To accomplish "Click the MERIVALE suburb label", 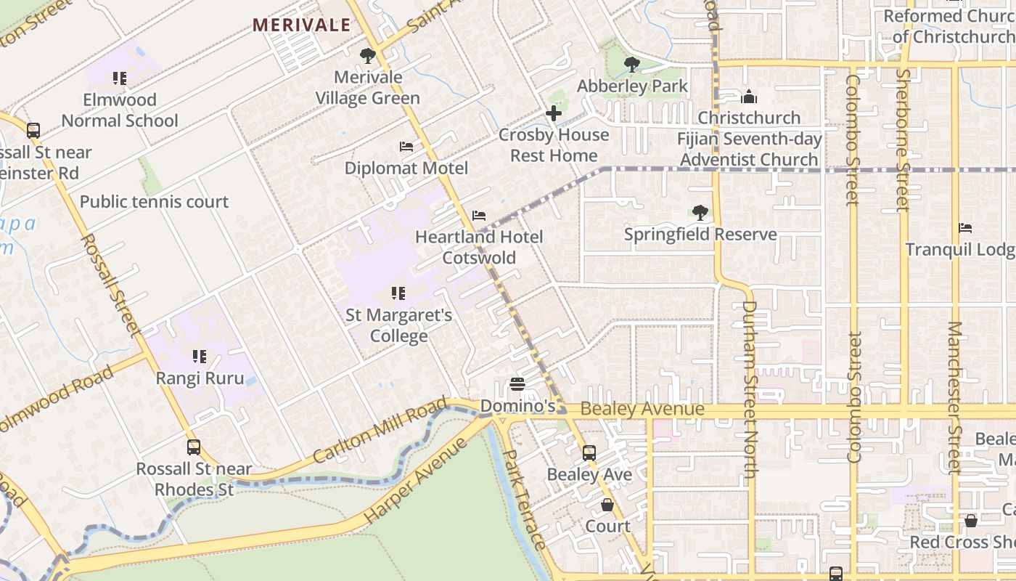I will pyautogui.click(x=301, y=25).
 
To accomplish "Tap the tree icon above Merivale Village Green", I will pyautogui.click(x=368, y=55).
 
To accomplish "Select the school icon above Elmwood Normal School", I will pyautogui.click(x=120, y=78).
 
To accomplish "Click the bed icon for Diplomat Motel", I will pyautogui.click(x=406, y=147).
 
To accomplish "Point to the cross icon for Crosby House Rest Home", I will pyautogui.click(x=554, y=113).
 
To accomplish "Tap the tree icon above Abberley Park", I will pyautogui.click(x=632, y=65).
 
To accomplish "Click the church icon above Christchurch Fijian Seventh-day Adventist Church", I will pyautogui.click(x=749, y=97).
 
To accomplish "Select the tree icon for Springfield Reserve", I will pyautogui.click(x=700, y=213).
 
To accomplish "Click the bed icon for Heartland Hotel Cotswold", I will pyautogui.click(x=479, y=216).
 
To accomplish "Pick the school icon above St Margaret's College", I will pyautogui.click(x=398, y=293).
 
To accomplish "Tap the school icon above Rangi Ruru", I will pyautogui.click(x=200, y=357).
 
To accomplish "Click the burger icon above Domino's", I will pyautogui.click(x=517, y=384).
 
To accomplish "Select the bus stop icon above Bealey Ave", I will pyautogui.click(x=589, y=452).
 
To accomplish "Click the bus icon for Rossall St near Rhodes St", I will pyautogui.click(x=194, y=447).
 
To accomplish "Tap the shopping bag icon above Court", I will pyautogui.click(x=607, y=505).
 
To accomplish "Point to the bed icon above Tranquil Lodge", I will pyautogui.click(x=965, y=228).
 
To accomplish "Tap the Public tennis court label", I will pyautogui.click(x=154, y=202).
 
